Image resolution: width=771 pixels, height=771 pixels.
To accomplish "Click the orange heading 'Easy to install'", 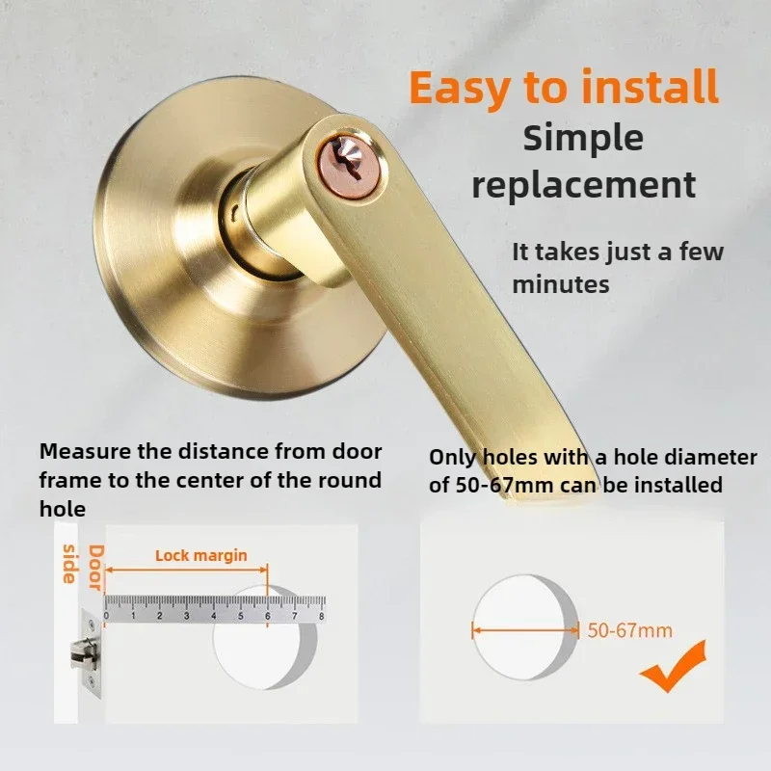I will pyautogui.click(x=564, y=87).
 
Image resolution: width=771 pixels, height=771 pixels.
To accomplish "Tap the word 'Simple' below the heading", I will pyautogui.click(x=583, y=137).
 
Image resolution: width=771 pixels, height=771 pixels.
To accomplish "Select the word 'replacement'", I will pyautogui.click(x=584, y=183).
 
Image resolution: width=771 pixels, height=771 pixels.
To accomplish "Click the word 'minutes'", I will pyautogui.click(x=560, y=284).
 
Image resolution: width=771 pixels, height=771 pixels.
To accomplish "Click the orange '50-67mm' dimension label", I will pyautogui.click(x=629, y=631).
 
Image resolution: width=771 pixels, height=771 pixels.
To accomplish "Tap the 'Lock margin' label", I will pyautogui.click(x=201, y=555).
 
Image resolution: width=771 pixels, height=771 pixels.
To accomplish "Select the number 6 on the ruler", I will pyautogui.click(x=267, y=615).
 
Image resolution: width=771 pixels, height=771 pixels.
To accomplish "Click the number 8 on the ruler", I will pyautogui.click(x=321, y=615).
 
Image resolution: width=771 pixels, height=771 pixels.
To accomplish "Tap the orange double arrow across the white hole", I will pyautogui.click(x=525, y=631).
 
